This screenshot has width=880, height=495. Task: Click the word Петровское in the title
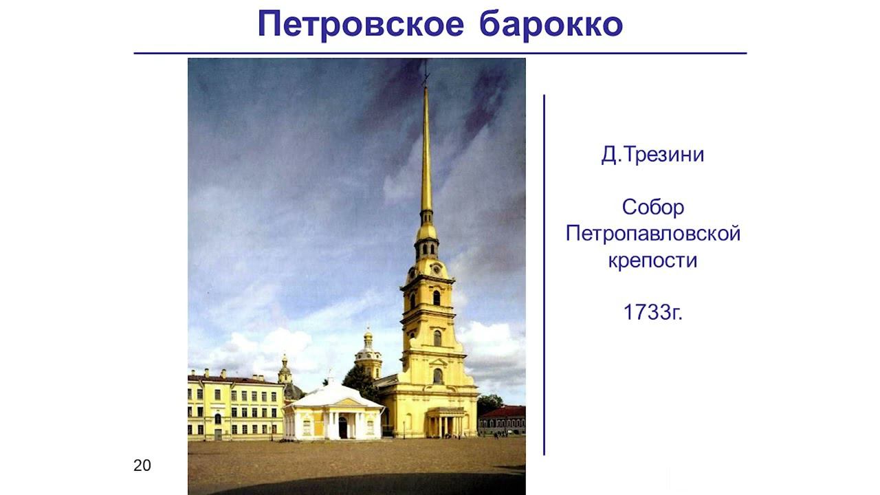coord(362,25)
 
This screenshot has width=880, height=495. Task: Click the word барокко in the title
coord(551,25)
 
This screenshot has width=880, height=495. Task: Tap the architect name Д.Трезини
coord(652,155)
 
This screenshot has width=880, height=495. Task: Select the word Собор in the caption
coord(652,207)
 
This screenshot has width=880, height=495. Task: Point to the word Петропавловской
coord(652,234)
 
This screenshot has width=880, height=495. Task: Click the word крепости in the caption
coord(652,261)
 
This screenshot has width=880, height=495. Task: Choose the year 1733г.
coord(652,313)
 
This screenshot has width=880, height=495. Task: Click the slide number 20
coord(142,465)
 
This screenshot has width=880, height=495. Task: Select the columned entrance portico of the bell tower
coord(445,421)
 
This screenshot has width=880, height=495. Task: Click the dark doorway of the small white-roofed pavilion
coord(342,428)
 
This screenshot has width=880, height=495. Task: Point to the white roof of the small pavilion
coord(333,395)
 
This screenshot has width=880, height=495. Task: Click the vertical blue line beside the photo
coord(544,275)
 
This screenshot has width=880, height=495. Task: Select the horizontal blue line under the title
coord(440,53)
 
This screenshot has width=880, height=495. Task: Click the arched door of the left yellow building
coord(218,419)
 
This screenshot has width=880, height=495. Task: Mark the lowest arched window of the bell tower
coord(437,376)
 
